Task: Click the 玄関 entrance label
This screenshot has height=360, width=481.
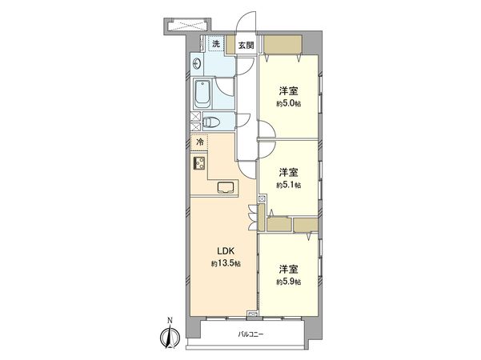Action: point(245,46)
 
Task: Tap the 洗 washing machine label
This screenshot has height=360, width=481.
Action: point(215,43)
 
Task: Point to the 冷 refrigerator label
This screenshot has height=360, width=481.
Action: point(199,142)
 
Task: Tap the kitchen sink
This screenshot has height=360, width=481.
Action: point(227,189)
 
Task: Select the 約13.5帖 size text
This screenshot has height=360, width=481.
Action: point(222,264)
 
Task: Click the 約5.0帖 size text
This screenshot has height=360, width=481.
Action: point(289,104)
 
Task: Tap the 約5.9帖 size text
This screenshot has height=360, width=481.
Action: point(289,282)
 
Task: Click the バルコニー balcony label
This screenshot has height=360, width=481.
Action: point(251,334)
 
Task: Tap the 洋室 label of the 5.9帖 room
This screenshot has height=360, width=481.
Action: point(289,269)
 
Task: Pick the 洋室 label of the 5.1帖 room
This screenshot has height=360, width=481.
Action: point(289,173)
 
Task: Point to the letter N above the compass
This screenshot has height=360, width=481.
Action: point(169,322)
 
